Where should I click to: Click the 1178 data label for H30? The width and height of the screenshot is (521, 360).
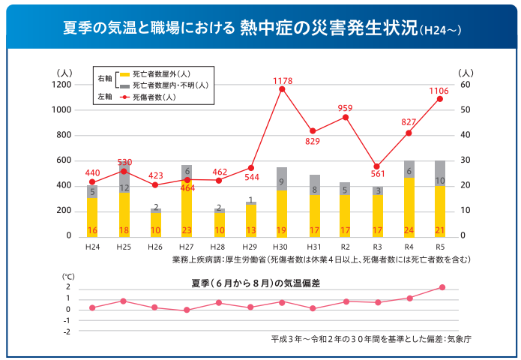(282, 80)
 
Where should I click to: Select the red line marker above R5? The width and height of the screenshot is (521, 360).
(440, 99)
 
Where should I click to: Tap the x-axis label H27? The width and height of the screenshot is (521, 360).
(187, 246)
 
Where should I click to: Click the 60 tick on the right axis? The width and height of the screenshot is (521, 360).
(465, 85)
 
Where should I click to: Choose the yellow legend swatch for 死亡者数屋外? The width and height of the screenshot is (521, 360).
(124, 74)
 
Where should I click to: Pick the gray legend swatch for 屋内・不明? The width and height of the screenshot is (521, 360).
(124, 85)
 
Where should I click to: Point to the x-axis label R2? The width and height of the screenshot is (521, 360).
(345, 246)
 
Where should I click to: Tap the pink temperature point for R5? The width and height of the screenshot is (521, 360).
(442, 287)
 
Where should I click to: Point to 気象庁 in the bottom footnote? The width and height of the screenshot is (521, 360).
(457, 339)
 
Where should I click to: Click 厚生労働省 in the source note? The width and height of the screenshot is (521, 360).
(245, 259)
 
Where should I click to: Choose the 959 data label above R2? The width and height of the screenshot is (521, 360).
(345, 109)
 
